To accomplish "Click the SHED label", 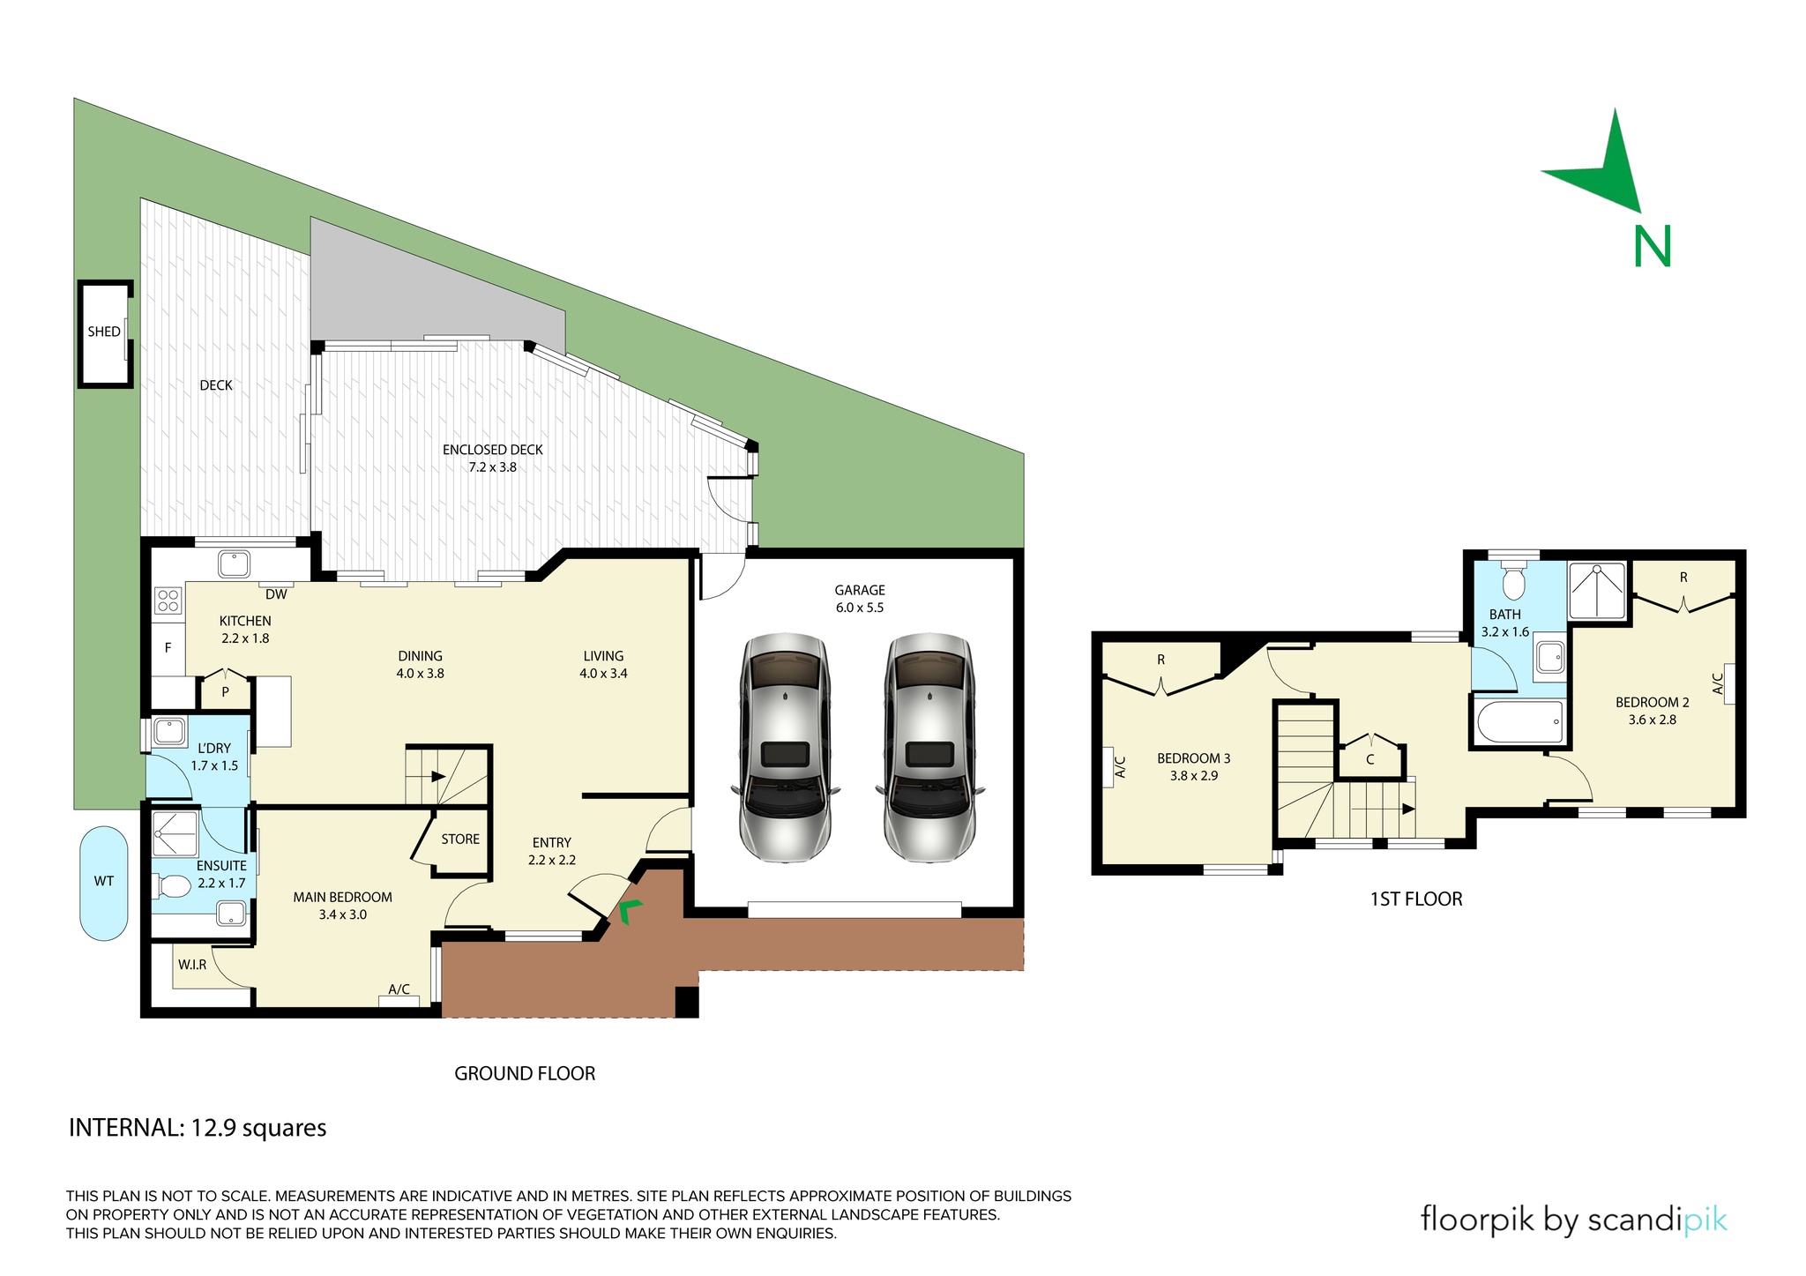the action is [x=104, y=332].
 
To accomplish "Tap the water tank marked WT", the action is [x=104, y=883].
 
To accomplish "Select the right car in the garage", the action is [x=930, y=747].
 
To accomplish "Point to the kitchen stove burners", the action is [x=168, y=601].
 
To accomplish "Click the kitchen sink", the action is [x=235, y=564].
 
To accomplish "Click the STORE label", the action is [x=460, y=839].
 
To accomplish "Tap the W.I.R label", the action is [x=192, y=965].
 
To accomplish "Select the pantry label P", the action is [x=226, y=692].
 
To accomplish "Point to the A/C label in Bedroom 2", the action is [x=1718, y=683].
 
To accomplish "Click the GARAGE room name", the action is [x=860, y=590].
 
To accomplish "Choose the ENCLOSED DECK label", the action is [x=493, y=450].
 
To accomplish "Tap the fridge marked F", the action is [x=168, y=647].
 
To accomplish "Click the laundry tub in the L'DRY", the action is [x=168, y=732].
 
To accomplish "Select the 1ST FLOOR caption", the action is [x=1416, y=899].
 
